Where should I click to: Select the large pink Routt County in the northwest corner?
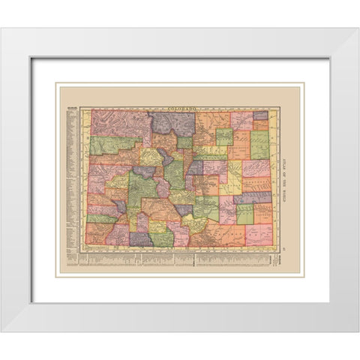120,124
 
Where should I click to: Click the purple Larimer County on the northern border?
173,123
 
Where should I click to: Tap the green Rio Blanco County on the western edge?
114,145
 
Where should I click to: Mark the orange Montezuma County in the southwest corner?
98,235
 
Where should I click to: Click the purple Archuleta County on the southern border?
140,239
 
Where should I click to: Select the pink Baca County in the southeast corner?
259,235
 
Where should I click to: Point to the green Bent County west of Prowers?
245,214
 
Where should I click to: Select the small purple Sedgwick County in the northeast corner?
260,115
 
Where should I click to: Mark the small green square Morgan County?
224,136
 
